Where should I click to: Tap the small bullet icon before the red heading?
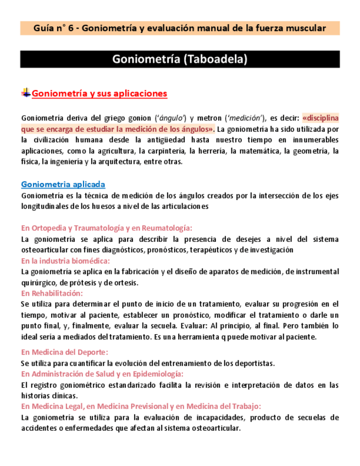[25, 93]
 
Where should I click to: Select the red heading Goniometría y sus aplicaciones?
[99, 93]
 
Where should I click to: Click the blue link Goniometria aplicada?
[63, 185]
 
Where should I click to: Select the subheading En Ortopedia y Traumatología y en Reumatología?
[107, 228]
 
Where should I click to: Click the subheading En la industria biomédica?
[65, 260]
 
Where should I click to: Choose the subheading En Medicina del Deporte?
[64, 352]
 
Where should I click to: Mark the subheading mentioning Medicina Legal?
[141, 406]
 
